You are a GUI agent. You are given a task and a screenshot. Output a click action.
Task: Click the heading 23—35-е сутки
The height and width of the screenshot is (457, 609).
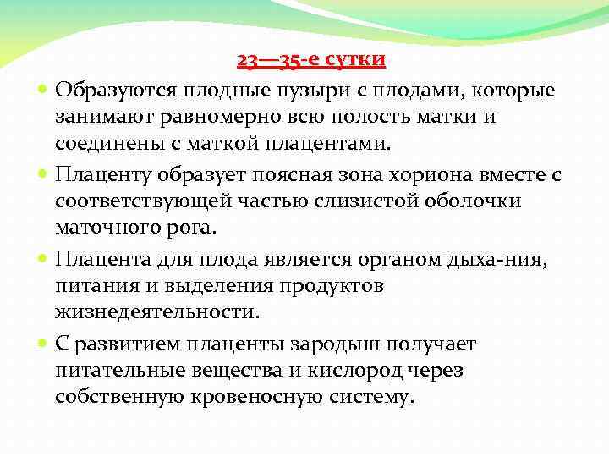coord(311,60)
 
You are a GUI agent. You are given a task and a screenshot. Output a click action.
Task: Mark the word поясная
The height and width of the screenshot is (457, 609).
coord(268,174)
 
